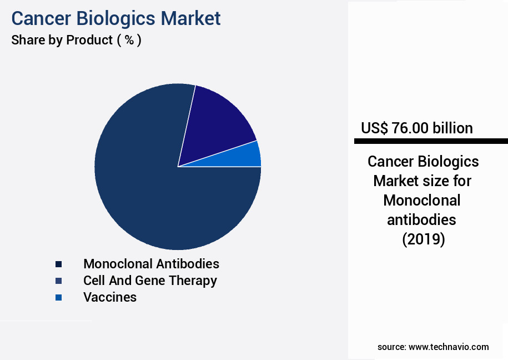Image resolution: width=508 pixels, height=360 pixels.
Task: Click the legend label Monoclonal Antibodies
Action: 151,263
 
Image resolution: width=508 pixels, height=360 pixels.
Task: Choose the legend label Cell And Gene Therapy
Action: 150,280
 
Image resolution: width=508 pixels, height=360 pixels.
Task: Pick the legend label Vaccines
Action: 110,297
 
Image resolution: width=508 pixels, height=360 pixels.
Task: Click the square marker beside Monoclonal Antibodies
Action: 58,264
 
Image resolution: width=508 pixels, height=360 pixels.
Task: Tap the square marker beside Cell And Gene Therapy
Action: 58,281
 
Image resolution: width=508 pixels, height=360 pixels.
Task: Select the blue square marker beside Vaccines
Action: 58,298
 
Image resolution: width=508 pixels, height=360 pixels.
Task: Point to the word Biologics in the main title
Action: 117,18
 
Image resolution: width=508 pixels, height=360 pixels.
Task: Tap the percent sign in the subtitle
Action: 129,41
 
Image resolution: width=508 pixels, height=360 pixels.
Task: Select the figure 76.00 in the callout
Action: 410,128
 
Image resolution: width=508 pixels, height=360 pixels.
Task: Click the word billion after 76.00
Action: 452,128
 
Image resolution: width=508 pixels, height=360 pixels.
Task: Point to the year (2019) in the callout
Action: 423,239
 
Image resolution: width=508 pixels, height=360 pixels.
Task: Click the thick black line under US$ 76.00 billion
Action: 431,141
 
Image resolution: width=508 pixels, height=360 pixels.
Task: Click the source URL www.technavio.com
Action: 449,347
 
